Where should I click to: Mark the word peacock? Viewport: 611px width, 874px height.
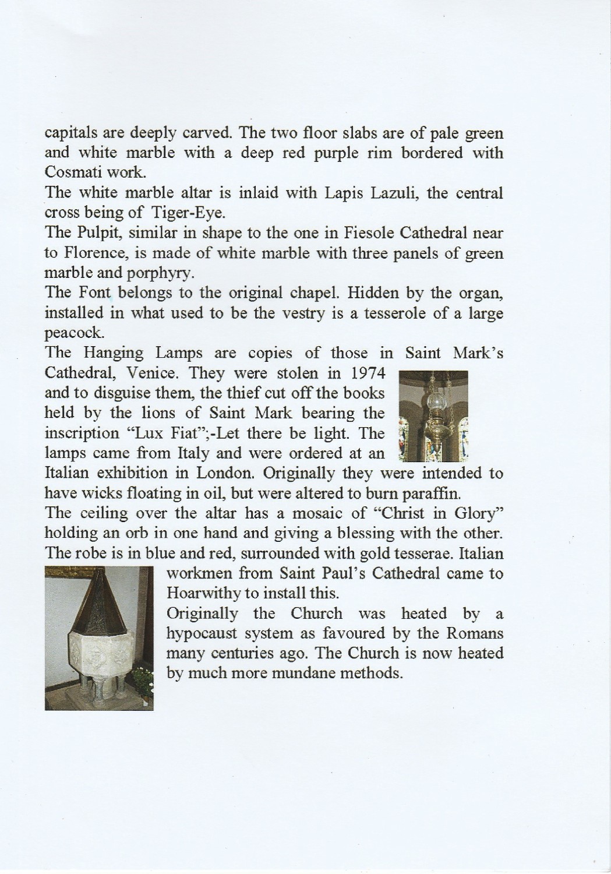coord(75,333)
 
